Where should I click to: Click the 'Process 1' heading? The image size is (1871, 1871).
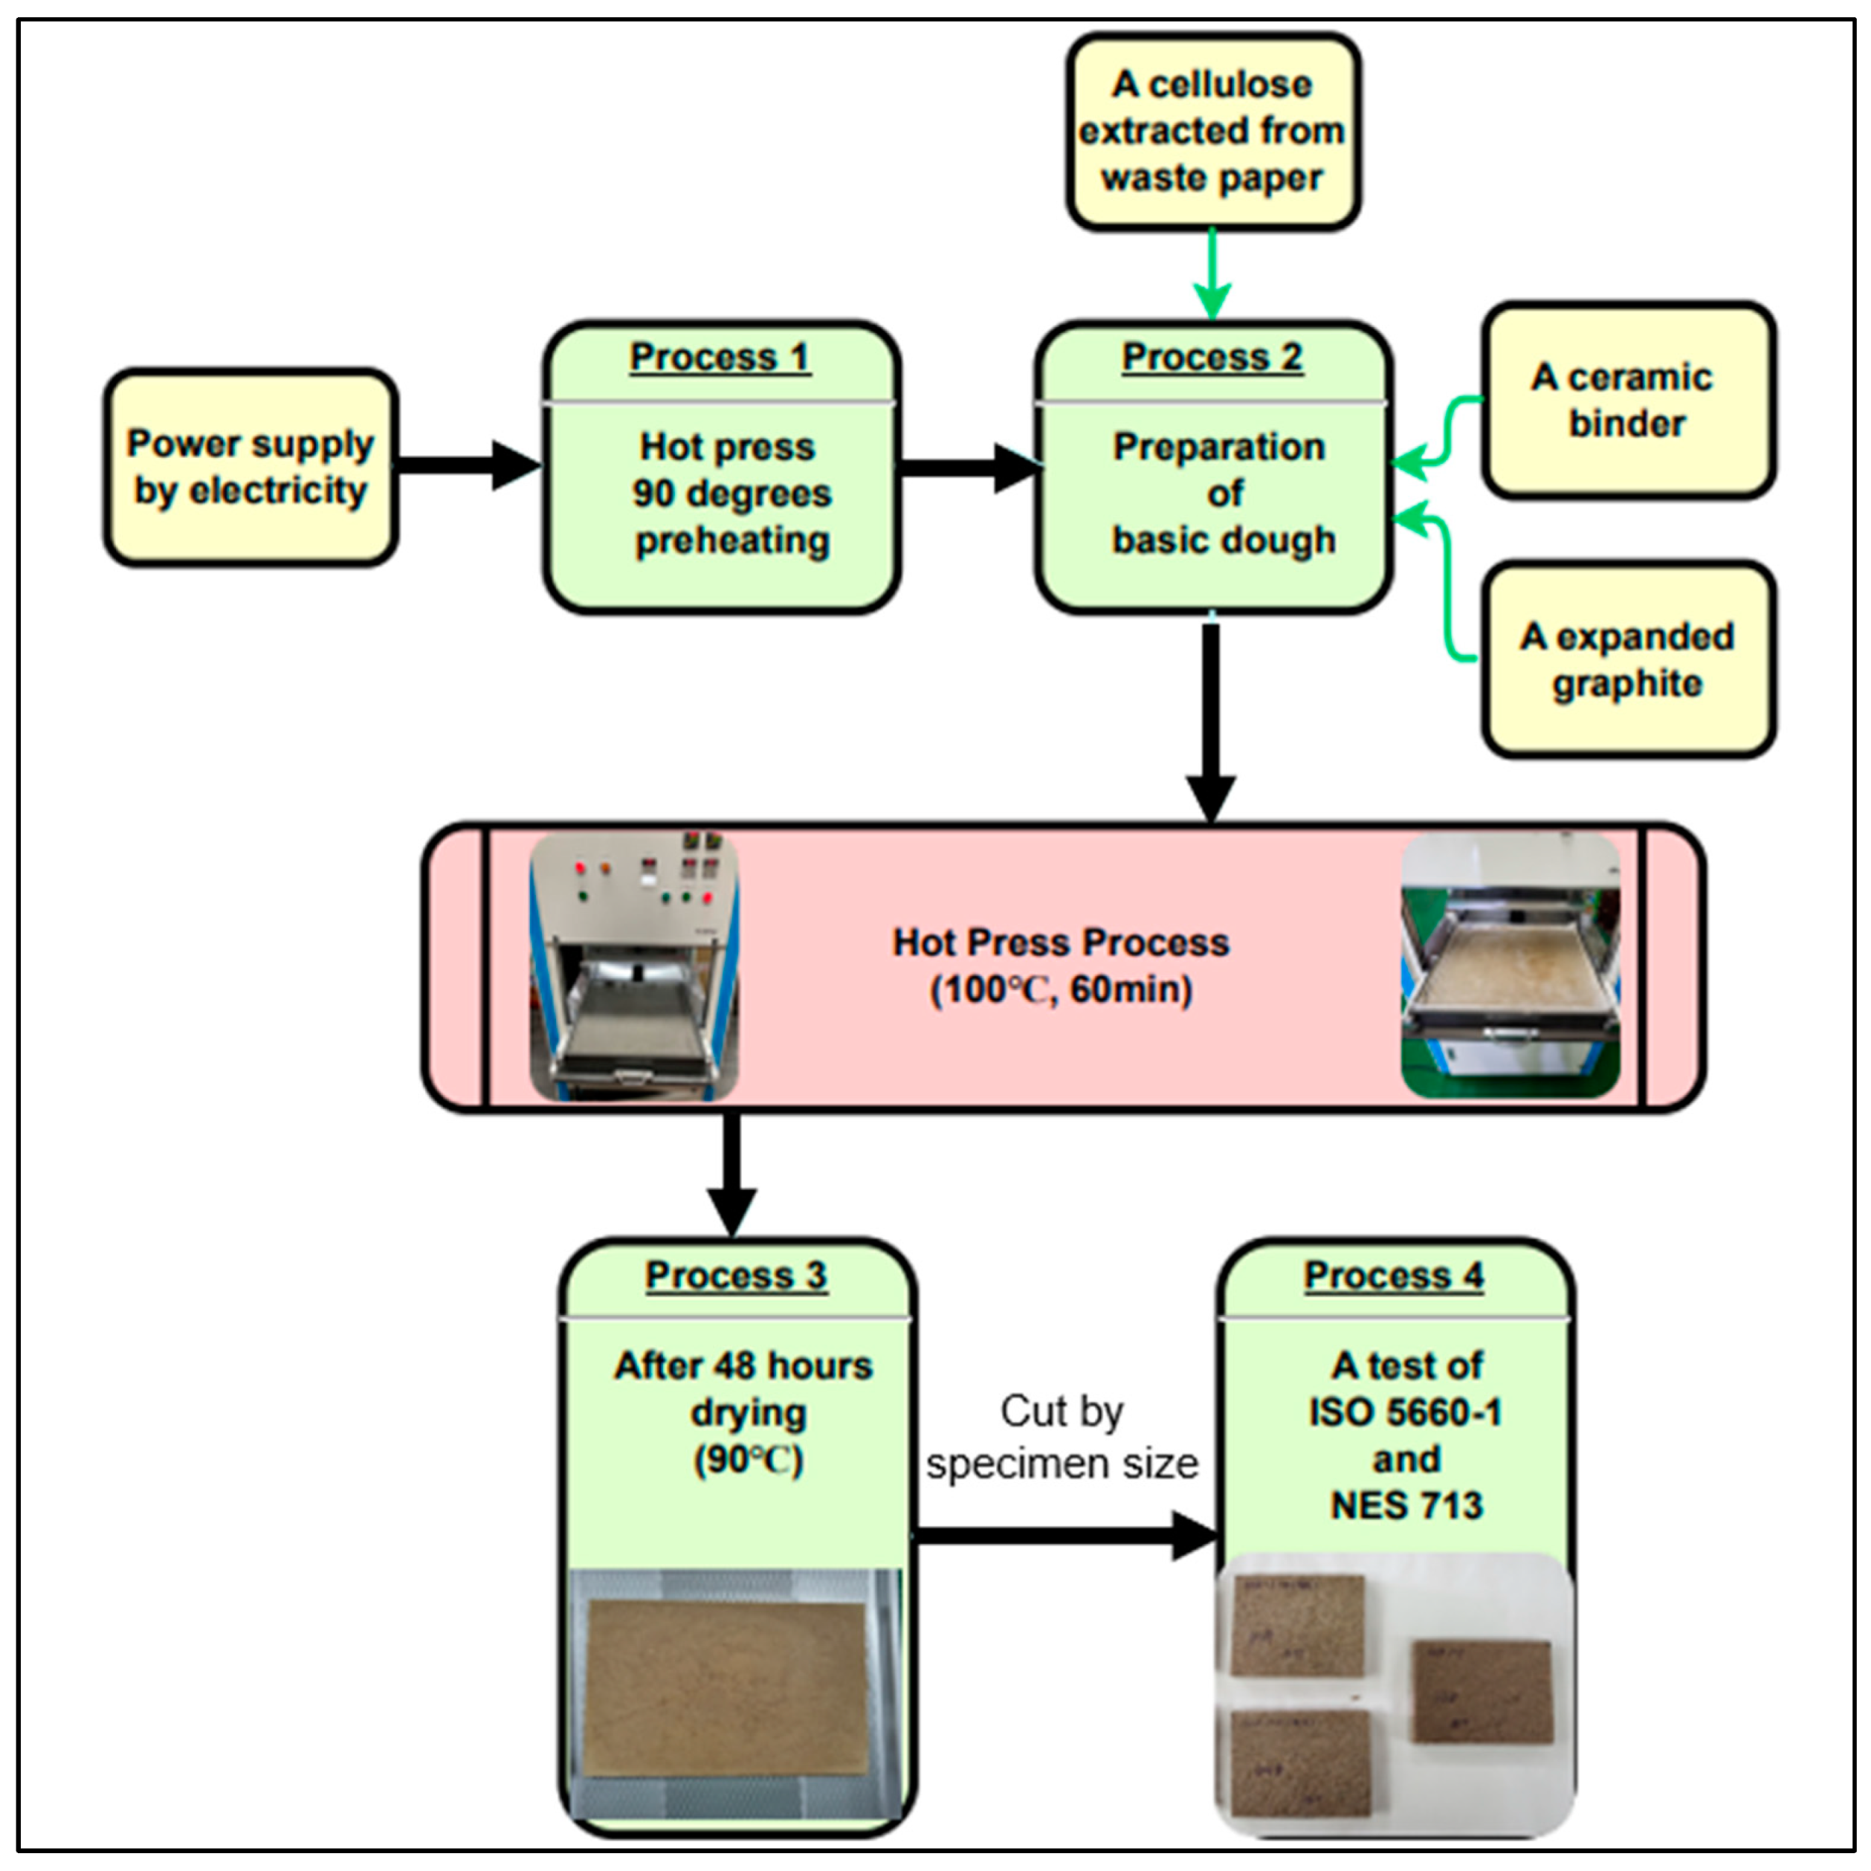720,358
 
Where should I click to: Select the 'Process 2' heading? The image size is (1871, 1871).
1212,358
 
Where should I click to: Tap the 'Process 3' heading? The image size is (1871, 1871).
736,1276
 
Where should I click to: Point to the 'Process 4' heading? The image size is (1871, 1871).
1394,1276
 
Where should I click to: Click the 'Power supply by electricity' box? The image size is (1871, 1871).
251,467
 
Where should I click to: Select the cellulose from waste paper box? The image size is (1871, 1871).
1212,132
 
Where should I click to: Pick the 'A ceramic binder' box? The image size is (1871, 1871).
1627,400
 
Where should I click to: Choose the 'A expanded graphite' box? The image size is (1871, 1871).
1627,659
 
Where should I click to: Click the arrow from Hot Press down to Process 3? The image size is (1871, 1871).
732,1172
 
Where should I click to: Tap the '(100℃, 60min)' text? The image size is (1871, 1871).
1061,989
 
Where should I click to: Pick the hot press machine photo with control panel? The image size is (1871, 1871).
634,966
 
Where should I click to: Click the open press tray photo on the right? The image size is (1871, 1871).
1509,966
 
